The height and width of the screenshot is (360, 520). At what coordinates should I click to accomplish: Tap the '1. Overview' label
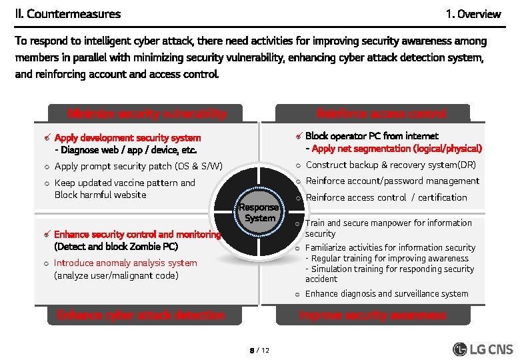click(x=473, y=14)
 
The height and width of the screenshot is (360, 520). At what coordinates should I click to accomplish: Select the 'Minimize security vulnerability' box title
click(x=147, y=113)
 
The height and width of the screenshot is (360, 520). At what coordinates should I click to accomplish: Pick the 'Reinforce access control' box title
click(x=381, y=113)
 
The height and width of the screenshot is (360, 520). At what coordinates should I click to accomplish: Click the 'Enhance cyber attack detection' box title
click(x=141, y=315)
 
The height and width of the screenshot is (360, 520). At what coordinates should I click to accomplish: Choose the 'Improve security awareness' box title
click(x=373, y=315)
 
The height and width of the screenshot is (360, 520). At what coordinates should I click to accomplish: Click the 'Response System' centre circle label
click(x=259, y=213)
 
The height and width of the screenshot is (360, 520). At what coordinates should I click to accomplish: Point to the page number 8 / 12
click(x=259, y=350)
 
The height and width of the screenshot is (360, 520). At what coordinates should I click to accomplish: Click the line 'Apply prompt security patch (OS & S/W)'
click(x=138, y=166)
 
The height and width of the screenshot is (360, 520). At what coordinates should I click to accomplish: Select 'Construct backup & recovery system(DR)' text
click(x=391, y=165)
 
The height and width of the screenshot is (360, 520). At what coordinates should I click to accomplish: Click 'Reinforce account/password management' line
click(x=392, y=181)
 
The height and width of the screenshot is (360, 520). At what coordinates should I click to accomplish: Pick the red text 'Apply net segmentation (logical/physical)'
click(x=397, y=149)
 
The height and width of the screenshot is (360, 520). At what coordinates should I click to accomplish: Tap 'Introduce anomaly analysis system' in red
click(x=125, y=263)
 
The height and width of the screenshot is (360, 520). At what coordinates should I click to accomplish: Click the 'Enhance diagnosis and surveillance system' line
click(x=387, y=294)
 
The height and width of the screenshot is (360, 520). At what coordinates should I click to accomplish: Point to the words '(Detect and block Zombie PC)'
click(x=116, y=246)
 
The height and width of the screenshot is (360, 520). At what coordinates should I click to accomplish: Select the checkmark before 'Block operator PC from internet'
click(x=300, y=137)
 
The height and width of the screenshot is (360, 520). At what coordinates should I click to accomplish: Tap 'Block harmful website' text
click(x=100, y=195)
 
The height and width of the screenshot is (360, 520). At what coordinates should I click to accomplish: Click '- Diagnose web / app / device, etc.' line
click(x=126, y=150)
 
